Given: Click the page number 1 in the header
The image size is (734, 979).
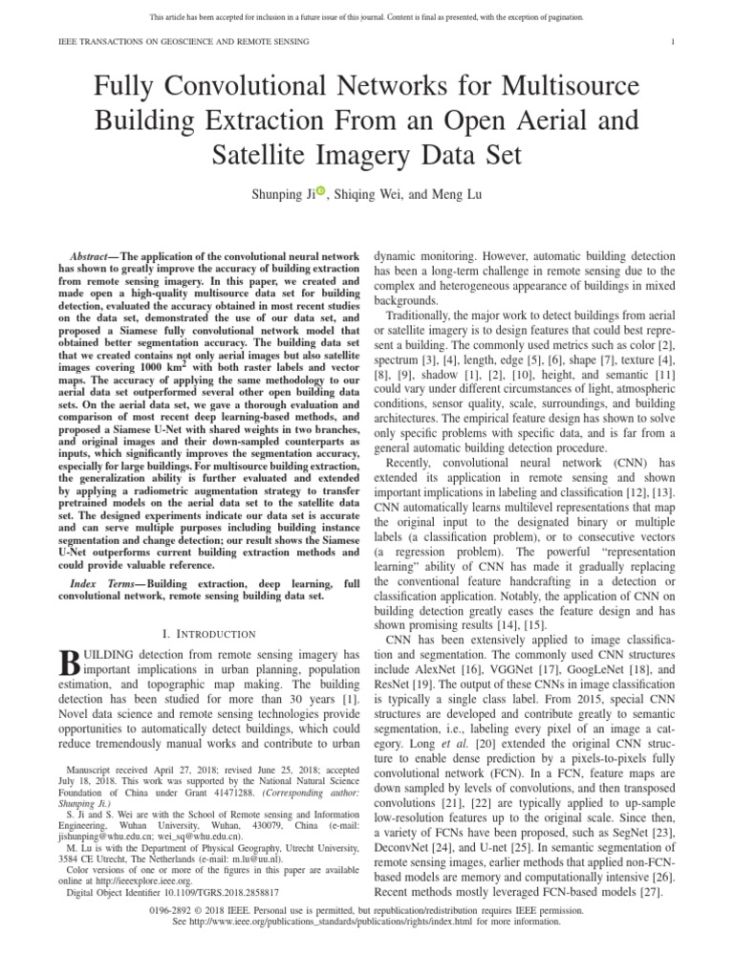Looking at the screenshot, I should tap(674, 41).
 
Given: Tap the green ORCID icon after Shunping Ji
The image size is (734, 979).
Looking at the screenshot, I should tap(320, 191).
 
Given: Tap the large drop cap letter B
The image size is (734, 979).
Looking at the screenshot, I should tap(70, 665).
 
